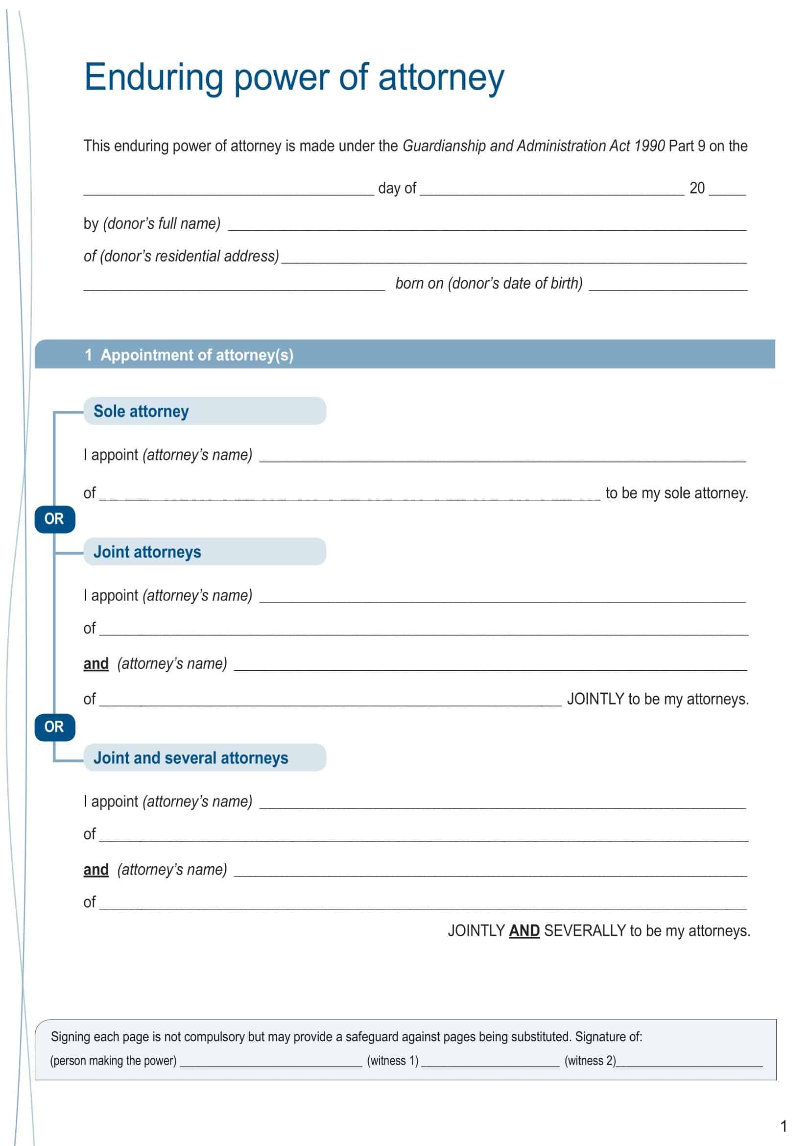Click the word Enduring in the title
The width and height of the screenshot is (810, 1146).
coord(154,77)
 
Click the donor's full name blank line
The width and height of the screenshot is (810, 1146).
coord(486,225)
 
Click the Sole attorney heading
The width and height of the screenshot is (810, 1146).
coord(141,411)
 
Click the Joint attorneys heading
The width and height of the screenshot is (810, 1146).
coord(147,552)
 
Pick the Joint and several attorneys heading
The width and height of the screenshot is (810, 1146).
coord(191,757)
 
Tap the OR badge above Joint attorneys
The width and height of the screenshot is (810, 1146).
coord(54,519)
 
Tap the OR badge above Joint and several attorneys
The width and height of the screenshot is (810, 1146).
coord(54,727)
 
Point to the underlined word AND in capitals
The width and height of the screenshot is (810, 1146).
coord(524,931)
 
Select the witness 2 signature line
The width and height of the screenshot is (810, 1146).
coord(689,1061)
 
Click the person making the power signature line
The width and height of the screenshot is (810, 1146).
coord(271,1061)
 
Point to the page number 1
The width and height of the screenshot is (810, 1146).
coord(783,1125)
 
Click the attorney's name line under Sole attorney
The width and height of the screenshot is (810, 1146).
coord(502,457)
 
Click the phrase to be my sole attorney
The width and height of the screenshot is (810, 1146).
coord(676,493)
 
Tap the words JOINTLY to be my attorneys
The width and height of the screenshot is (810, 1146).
coord(657,699)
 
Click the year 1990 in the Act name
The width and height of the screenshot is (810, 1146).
coord(649,146)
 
